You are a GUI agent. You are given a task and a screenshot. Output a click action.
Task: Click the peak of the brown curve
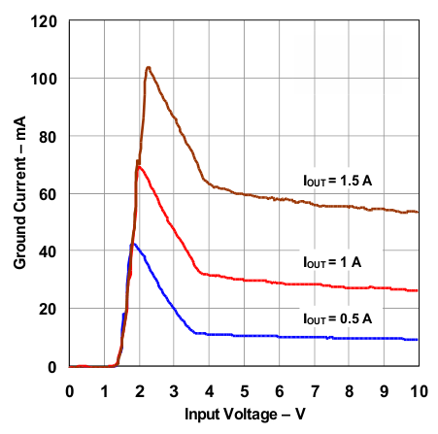click(x=148, y=67)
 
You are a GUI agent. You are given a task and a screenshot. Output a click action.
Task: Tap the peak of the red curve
click(x=140, y=167)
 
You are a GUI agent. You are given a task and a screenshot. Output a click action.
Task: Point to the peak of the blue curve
click(x=133, y=244)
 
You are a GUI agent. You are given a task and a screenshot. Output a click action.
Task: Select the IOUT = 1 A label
click(x=333, y=262)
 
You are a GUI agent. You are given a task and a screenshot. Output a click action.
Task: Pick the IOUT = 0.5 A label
click(x=337, y=317)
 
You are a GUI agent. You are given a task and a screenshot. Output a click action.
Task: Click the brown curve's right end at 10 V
click(x=418, y=212)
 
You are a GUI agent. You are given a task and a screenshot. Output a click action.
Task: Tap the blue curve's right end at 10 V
click(x=418, y=339)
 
